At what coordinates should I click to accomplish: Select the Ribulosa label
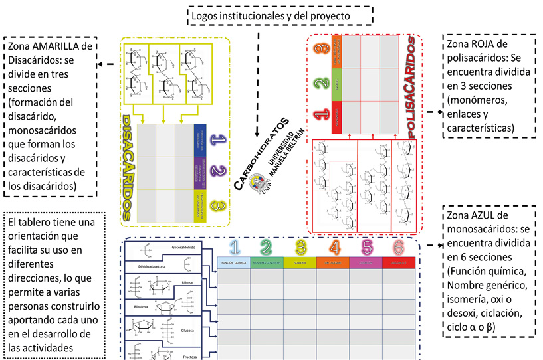(x=140, y=306)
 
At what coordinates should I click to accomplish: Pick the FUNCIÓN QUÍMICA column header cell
(x=234, y=263)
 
